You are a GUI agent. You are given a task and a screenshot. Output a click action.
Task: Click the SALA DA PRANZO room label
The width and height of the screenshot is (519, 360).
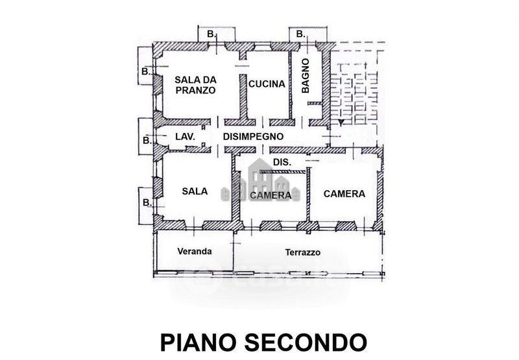point(195,85)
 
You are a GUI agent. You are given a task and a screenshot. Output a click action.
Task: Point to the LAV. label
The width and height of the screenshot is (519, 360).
point(186,136)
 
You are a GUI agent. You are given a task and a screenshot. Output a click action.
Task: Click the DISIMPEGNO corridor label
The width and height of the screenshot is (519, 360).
point(253,136)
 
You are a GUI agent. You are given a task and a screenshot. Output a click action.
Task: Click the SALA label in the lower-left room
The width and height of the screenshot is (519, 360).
point(195,191)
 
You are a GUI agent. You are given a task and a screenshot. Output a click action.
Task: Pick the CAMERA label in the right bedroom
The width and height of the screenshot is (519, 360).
point(344,193)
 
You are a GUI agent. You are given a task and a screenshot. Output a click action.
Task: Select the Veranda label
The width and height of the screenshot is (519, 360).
point(195,252)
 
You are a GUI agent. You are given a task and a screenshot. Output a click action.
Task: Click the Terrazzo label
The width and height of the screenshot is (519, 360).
point(303,252)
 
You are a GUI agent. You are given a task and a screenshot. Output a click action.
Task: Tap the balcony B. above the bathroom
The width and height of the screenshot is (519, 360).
point(300,33)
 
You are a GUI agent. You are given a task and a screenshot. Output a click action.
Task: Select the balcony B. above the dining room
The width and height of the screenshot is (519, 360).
point(210,33)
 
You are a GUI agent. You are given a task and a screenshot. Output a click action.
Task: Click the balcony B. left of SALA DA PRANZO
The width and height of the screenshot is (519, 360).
point(146,71)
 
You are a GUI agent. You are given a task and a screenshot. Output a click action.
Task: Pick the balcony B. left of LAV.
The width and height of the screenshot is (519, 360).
point(146,140)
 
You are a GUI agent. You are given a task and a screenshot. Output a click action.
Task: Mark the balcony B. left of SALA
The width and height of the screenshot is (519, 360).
point(146,203)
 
